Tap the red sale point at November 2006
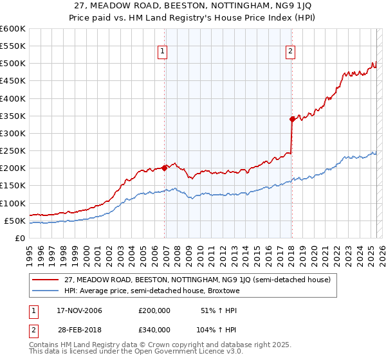point(165,168)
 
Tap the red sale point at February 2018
point(292,119)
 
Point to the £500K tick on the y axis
point(13,64)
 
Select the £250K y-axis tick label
point(13,151)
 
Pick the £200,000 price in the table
point(154,310)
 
